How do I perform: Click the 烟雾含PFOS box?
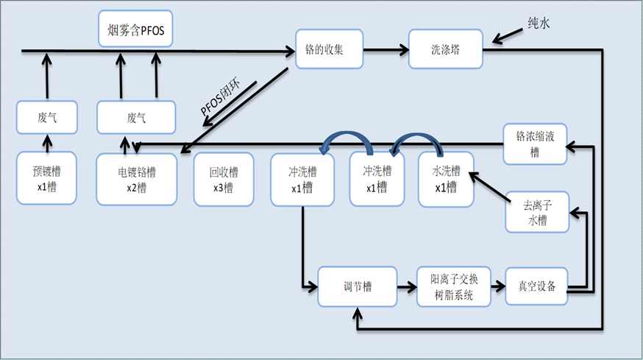click(x=136, y=29)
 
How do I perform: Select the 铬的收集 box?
click(x=330, y=50)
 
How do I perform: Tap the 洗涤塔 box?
click(x=445, y=50)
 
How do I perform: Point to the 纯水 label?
click(x=537, y=24)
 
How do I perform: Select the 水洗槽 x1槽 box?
click(x=445, y=179)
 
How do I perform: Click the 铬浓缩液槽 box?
click(x=534, y=144)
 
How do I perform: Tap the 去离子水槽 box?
click(x=537, y=211)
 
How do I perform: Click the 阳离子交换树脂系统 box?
click(x=452, y=286)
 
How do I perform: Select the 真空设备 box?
click(x=537, y=286)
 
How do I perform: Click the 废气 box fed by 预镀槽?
click(x=46, y=118)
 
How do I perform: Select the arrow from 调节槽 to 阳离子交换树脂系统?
click(x=405, y=286)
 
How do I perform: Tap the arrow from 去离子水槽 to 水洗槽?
click(x=489, y=186)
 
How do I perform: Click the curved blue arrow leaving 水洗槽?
click(x=418, y=142)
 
